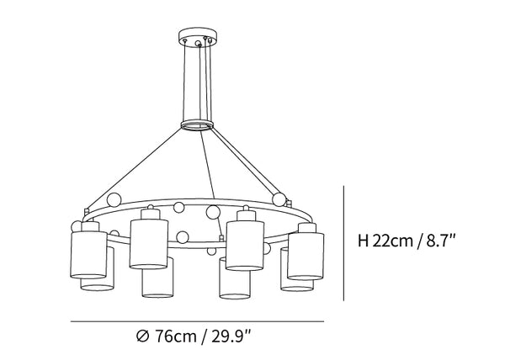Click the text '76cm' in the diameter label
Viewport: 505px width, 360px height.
click(x=176, y=336)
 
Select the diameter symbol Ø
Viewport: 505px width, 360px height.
click(x=143, y=336)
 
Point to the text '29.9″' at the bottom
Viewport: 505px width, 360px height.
click(x=231, y=336)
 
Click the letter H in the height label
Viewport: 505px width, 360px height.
click(x=363, y=241)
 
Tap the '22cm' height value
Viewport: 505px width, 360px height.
click(x=392, y=241)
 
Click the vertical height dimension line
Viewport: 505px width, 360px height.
click(x=344, y=243)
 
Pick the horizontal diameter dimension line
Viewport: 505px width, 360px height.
click(x=198, y=321)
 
